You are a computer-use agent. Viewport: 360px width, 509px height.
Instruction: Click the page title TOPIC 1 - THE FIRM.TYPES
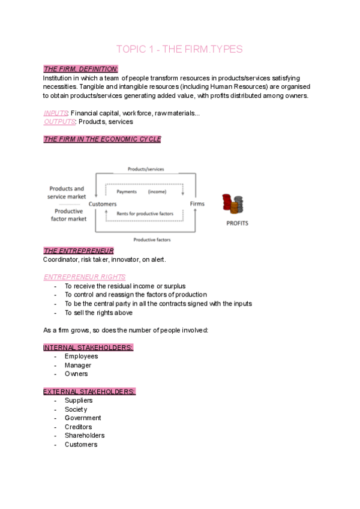[179, 49]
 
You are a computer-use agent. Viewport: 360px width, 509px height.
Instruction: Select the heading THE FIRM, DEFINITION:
[80, 69]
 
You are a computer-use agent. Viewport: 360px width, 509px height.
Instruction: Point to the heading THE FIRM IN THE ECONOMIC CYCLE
[102, 139]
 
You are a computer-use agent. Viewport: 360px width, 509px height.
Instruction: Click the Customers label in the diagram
[103, 204]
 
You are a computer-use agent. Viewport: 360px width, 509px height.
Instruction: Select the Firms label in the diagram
[197, 204]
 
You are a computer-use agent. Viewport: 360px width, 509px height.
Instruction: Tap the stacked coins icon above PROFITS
[232, 204]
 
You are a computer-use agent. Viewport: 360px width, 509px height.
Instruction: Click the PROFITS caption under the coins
[238, 223]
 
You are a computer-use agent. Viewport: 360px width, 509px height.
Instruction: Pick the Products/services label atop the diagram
[146, 169]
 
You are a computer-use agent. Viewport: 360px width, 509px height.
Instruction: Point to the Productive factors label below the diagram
[152, 239]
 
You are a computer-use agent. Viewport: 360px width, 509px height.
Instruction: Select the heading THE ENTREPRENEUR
[79, 250]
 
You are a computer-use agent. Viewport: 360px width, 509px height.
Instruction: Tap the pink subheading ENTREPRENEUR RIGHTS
[85, 277]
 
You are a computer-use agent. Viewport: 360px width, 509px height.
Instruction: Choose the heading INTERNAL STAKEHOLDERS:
[88, 348]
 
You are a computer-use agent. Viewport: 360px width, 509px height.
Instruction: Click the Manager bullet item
[78, 365]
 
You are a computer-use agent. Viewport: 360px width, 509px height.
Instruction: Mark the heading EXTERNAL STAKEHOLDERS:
[89, 391]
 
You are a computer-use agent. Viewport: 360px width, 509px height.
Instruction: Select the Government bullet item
[83, 418]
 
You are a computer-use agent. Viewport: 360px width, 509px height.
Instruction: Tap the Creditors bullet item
[79, 427]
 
